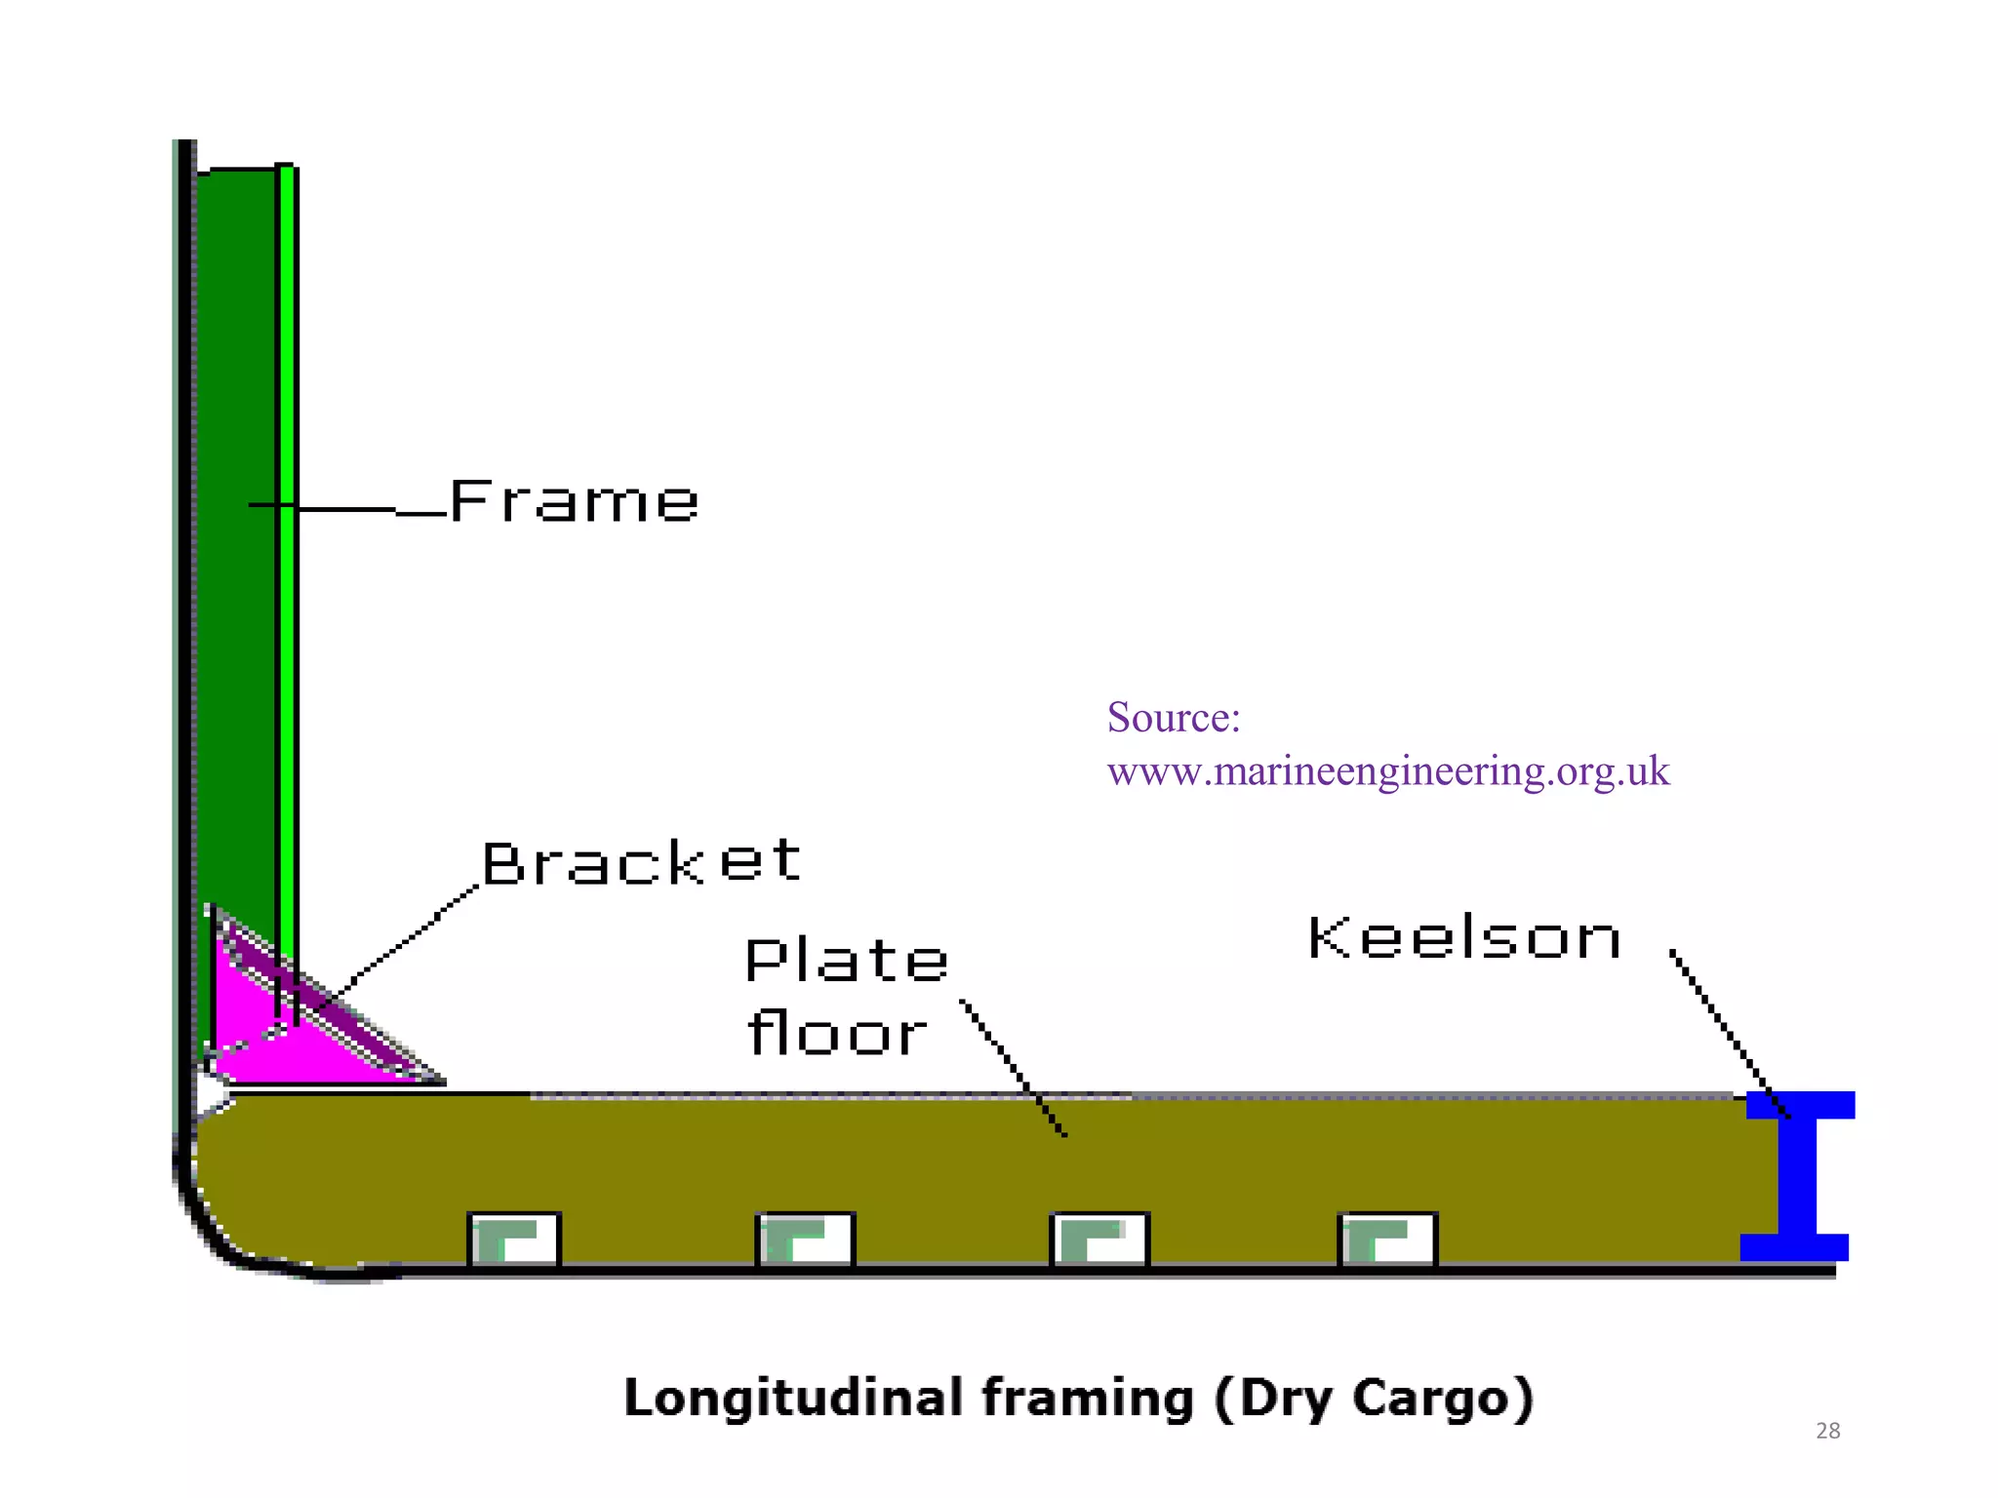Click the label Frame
coord(574,502)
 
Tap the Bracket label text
coord(641,862)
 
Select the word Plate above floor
coord(846,960)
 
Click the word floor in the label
coord(837,1033)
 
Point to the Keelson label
coord(1464,938)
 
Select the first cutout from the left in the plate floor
coord(514,1239)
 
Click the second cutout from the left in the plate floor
coord(805,1239)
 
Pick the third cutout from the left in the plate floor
coord(1099,1239)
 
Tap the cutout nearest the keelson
coord(1387,1239)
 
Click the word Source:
coord(1174,718)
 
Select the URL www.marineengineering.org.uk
coord(1387,771)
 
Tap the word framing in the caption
coord(1088,1398)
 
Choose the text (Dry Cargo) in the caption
coord(1374,1398)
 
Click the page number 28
coord(1827,1431)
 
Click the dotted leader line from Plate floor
coord(1013,1067)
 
